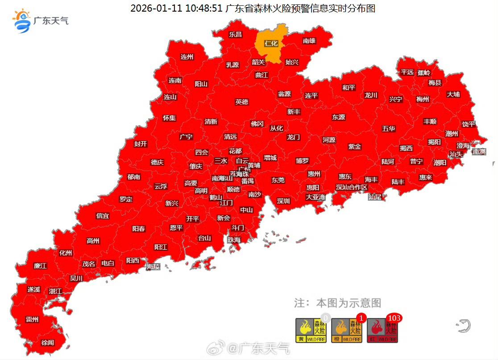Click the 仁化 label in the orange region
(271, 43)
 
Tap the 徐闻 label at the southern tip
(47, 343)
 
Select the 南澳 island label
(478, 151)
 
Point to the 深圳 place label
(283, 201)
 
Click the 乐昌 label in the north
(235, 34)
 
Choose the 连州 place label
(187, 57)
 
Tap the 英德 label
(242, 102)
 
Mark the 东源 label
(338, 117)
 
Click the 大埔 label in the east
(453, 94)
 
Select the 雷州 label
(32, 319)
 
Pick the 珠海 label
(234, 240)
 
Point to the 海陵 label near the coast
(153, 267)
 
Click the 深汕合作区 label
(352, 187)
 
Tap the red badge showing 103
(394, 318)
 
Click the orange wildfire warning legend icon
(347, 331)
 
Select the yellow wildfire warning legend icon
(311, 331)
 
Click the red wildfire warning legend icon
(382, 331)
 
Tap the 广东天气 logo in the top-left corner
(40, 21)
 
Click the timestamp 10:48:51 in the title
(201, 8)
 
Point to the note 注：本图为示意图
(338, 303)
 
